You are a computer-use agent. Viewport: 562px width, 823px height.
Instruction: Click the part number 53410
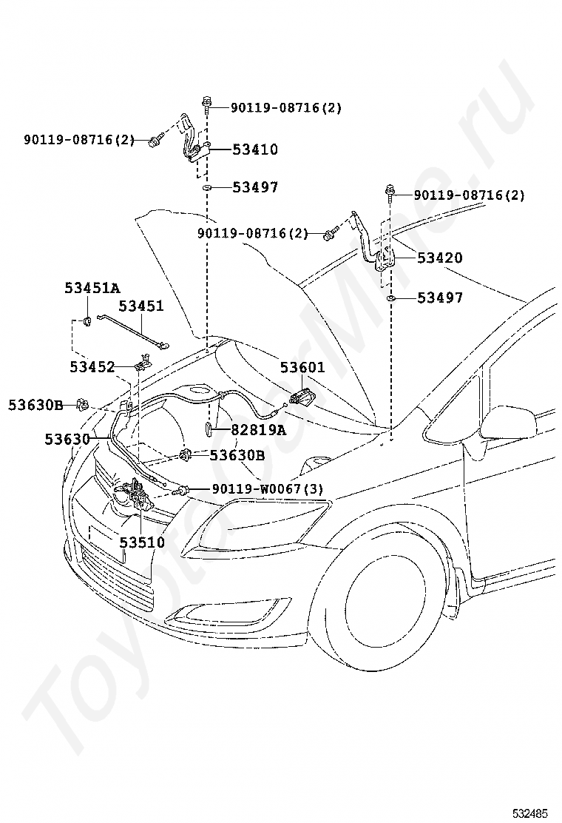click(255, 150)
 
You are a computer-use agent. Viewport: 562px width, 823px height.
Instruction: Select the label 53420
click(440, 258)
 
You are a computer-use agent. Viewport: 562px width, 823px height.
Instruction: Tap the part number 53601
click(302, 367)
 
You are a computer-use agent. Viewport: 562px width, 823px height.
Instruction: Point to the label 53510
click(142, 542)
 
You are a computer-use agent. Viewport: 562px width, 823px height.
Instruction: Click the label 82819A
click(259, 430)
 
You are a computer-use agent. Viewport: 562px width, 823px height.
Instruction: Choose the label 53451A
click(92, 288)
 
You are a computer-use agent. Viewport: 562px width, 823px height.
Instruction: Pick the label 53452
click(92, 367)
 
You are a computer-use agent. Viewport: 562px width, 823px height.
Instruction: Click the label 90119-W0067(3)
click(268, 489)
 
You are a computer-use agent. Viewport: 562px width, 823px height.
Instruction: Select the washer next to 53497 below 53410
click(207, 188)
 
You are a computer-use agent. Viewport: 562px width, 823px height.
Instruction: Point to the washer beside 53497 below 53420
click(390, 299)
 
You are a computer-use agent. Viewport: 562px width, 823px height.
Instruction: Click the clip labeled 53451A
click(87, 320)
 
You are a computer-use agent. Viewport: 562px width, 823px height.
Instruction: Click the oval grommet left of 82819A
click(208, 429)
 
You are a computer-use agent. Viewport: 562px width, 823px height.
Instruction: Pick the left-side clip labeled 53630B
click(81, 405)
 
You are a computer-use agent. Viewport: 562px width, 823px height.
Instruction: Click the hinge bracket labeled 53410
click(194, 144)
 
